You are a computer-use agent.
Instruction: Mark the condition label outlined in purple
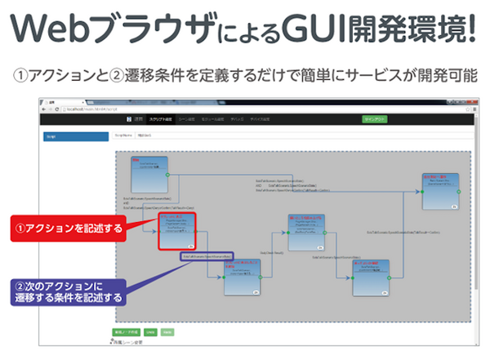[207, 257]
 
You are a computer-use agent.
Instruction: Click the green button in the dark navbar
[376, 119]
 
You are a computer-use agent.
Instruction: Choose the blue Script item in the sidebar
[76, 136]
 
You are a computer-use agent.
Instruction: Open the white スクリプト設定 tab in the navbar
[160, 119]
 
